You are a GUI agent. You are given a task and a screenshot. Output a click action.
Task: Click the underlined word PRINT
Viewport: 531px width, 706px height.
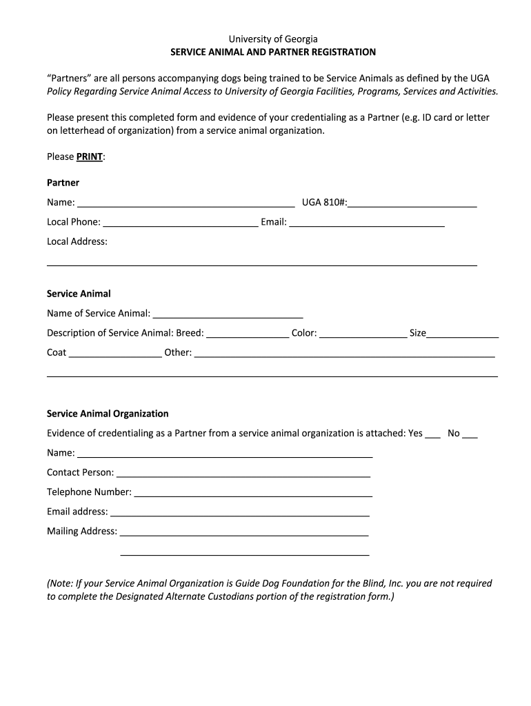(89, 157)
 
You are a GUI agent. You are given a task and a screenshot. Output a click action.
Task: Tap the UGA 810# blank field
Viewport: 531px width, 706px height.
(412, 203)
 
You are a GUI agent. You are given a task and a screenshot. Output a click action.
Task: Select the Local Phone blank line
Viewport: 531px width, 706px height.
(180, 222)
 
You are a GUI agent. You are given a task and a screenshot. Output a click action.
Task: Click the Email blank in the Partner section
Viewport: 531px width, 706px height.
(366, 222)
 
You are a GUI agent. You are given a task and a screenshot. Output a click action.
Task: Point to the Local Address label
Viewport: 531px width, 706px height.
(77, 241)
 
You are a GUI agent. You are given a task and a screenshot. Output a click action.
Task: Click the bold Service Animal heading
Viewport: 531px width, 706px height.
(79, 294)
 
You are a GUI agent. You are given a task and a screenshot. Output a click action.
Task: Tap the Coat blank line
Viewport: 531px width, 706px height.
(115, 353)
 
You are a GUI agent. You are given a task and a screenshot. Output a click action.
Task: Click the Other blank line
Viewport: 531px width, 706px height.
(345, 353)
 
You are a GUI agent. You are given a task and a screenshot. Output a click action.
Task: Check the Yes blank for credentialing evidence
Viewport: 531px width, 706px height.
(432, 434)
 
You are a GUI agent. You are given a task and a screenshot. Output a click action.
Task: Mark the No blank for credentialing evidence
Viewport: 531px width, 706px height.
(470, 434)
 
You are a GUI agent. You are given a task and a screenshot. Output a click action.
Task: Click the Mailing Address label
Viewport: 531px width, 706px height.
(82, 531)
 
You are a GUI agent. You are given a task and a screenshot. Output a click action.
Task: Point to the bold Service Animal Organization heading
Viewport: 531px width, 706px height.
(108, 414)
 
